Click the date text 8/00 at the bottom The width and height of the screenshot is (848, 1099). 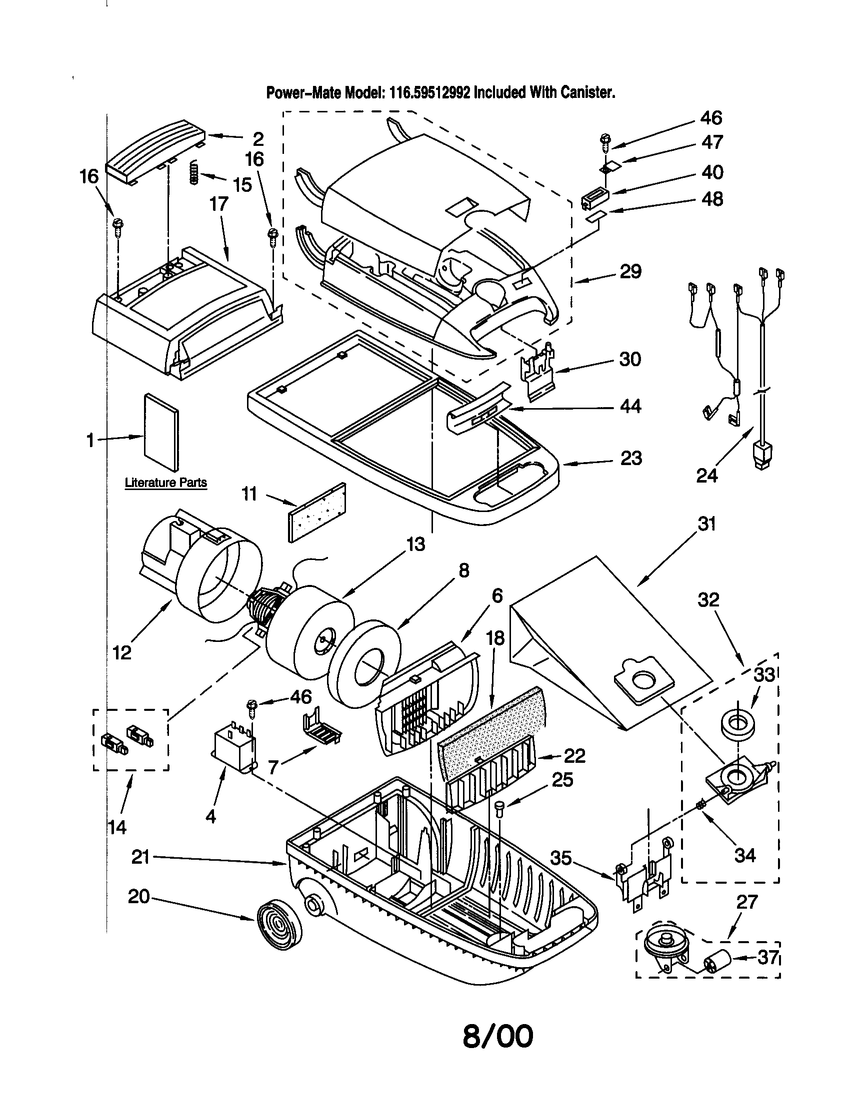(x=497, y=1037)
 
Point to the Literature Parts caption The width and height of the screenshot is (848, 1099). (x=165, y=483)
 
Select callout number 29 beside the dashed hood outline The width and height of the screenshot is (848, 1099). (x=630, y=272)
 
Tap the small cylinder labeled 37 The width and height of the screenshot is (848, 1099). (x=716, y=966)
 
